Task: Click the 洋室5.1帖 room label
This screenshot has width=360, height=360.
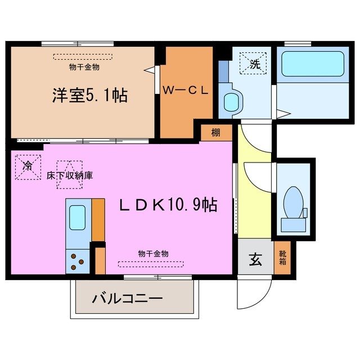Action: pos(89,96)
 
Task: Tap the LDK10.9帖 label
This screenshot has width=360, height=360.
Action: pos(168,206)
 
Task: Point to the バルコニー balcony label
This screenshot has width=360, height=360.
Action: pos(128,298)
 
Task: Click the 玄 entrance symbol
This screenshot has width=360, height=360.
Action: pos(255,260)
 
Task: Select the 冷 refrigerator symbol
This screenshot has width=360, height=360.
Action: pos(28,167)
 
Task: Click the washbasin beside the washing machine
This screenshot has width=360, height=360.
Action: pos(231,102)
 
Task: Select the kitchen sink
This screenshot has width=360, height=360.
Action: pos(76,215)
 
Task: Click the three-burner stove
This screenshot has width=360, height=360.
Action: pos(77,260)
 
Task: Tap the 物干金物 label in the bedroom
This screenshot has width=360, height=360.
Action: pos(84,67)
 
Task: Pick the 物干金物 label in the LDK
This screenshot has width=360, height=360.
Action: pos(153,254)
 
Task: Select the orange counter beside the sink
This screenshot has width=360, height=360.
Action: pos(98,218)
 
